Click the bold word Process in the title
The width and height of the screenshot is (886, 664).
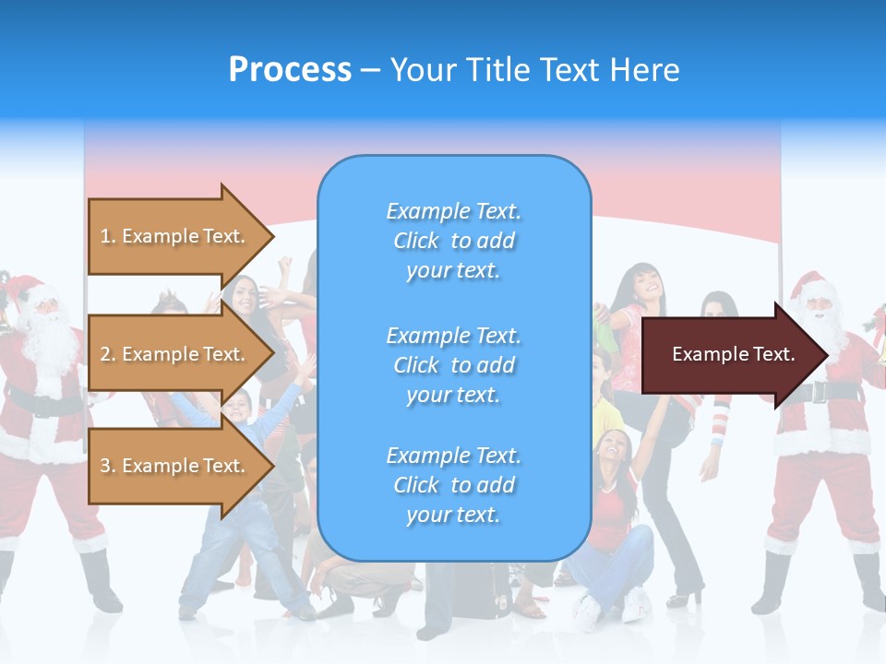pos(290,70)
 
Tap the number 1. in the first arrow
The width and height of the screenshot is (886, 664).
pos(108,236)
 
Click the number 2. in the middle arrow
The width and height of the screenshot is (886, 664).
pos(108,354)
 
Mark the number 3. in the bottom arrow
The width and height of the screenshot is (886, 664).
pos(108,466)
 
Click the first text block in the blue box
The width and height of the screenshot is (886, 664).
pos(454,241)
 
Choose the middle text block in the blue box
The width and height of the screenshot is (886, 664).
pos(454,365)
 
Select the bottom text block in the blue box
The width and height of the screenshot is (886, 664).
pos(454,485)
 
